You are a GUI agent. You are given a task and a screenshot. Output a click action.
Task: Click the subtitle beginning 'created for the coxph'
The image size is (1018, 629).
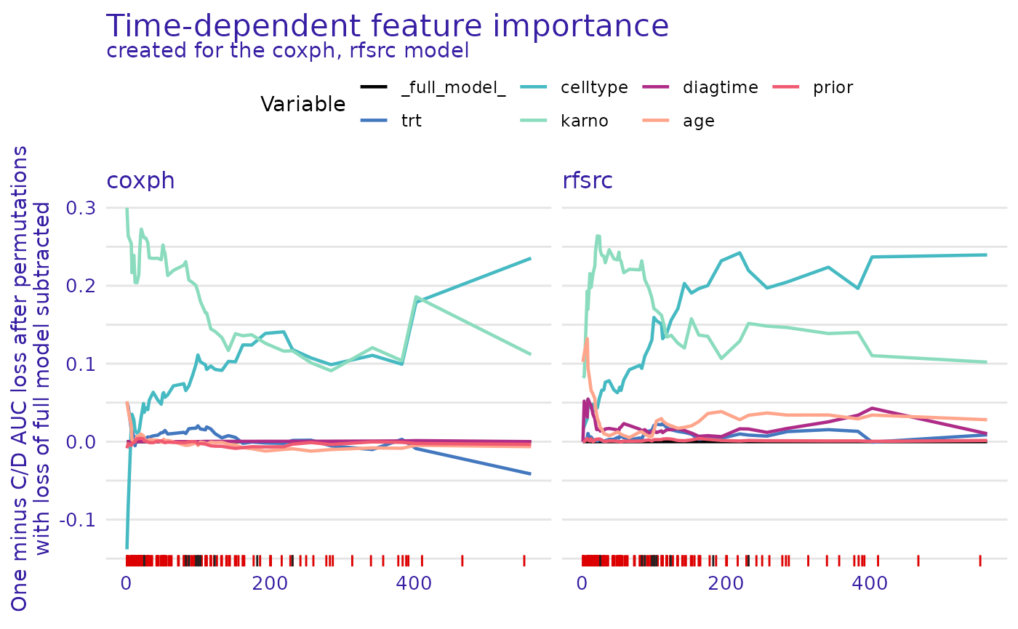click(x=287, y=52)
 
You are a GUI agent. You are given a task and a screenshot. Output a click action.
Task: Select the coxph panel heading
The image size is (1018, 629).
click(x=140, y=180)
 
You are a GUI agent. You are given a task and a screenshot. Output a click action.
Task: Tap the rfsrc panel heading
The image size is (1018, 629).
click(x=588, y=180)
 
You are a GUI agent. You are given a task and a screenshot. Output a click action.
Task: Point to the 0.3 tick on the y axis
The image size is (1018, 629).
click(x=81, y=209)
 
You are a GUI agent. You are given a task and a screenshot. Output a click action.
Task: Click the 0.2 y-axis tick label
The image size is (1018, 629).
click(x=81, y=287)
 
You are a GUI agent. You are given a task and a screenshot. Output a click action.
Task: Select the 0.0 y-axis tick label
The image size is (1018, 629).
click(x=81, y=442)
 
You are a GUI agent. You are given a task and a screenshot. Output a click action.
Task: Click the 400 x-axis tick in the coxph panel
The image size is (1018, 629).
click(x=414, y=583)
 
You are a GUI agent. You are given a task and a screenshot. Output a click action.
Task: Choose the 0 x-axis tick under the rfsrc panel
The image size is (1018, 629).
click(x=582, y=583)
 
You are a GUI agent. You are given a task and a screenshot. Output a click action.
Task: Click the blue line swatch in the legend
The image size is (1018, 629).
click(x=374, y=120)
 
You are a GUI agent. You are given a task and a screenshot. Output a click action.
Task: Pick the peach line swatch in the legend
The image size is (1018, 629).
click(x=656, y=120)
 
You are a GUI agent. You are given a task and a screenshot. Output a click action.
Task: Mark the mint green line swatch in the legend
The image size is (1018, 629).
click(x=534, y=120)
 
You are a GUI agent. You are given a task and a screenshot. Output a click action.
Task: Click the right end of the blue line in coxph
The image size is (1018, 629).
click(x=530, y=473)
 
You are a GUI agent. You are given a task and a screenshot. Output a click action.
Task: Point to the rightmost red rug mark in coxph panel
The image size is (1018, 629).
click(x=524, y=560)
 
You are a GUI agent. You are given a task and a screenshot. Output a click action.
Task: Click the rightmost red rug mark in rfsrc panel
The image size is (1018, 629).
click(x=979, y=560)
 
